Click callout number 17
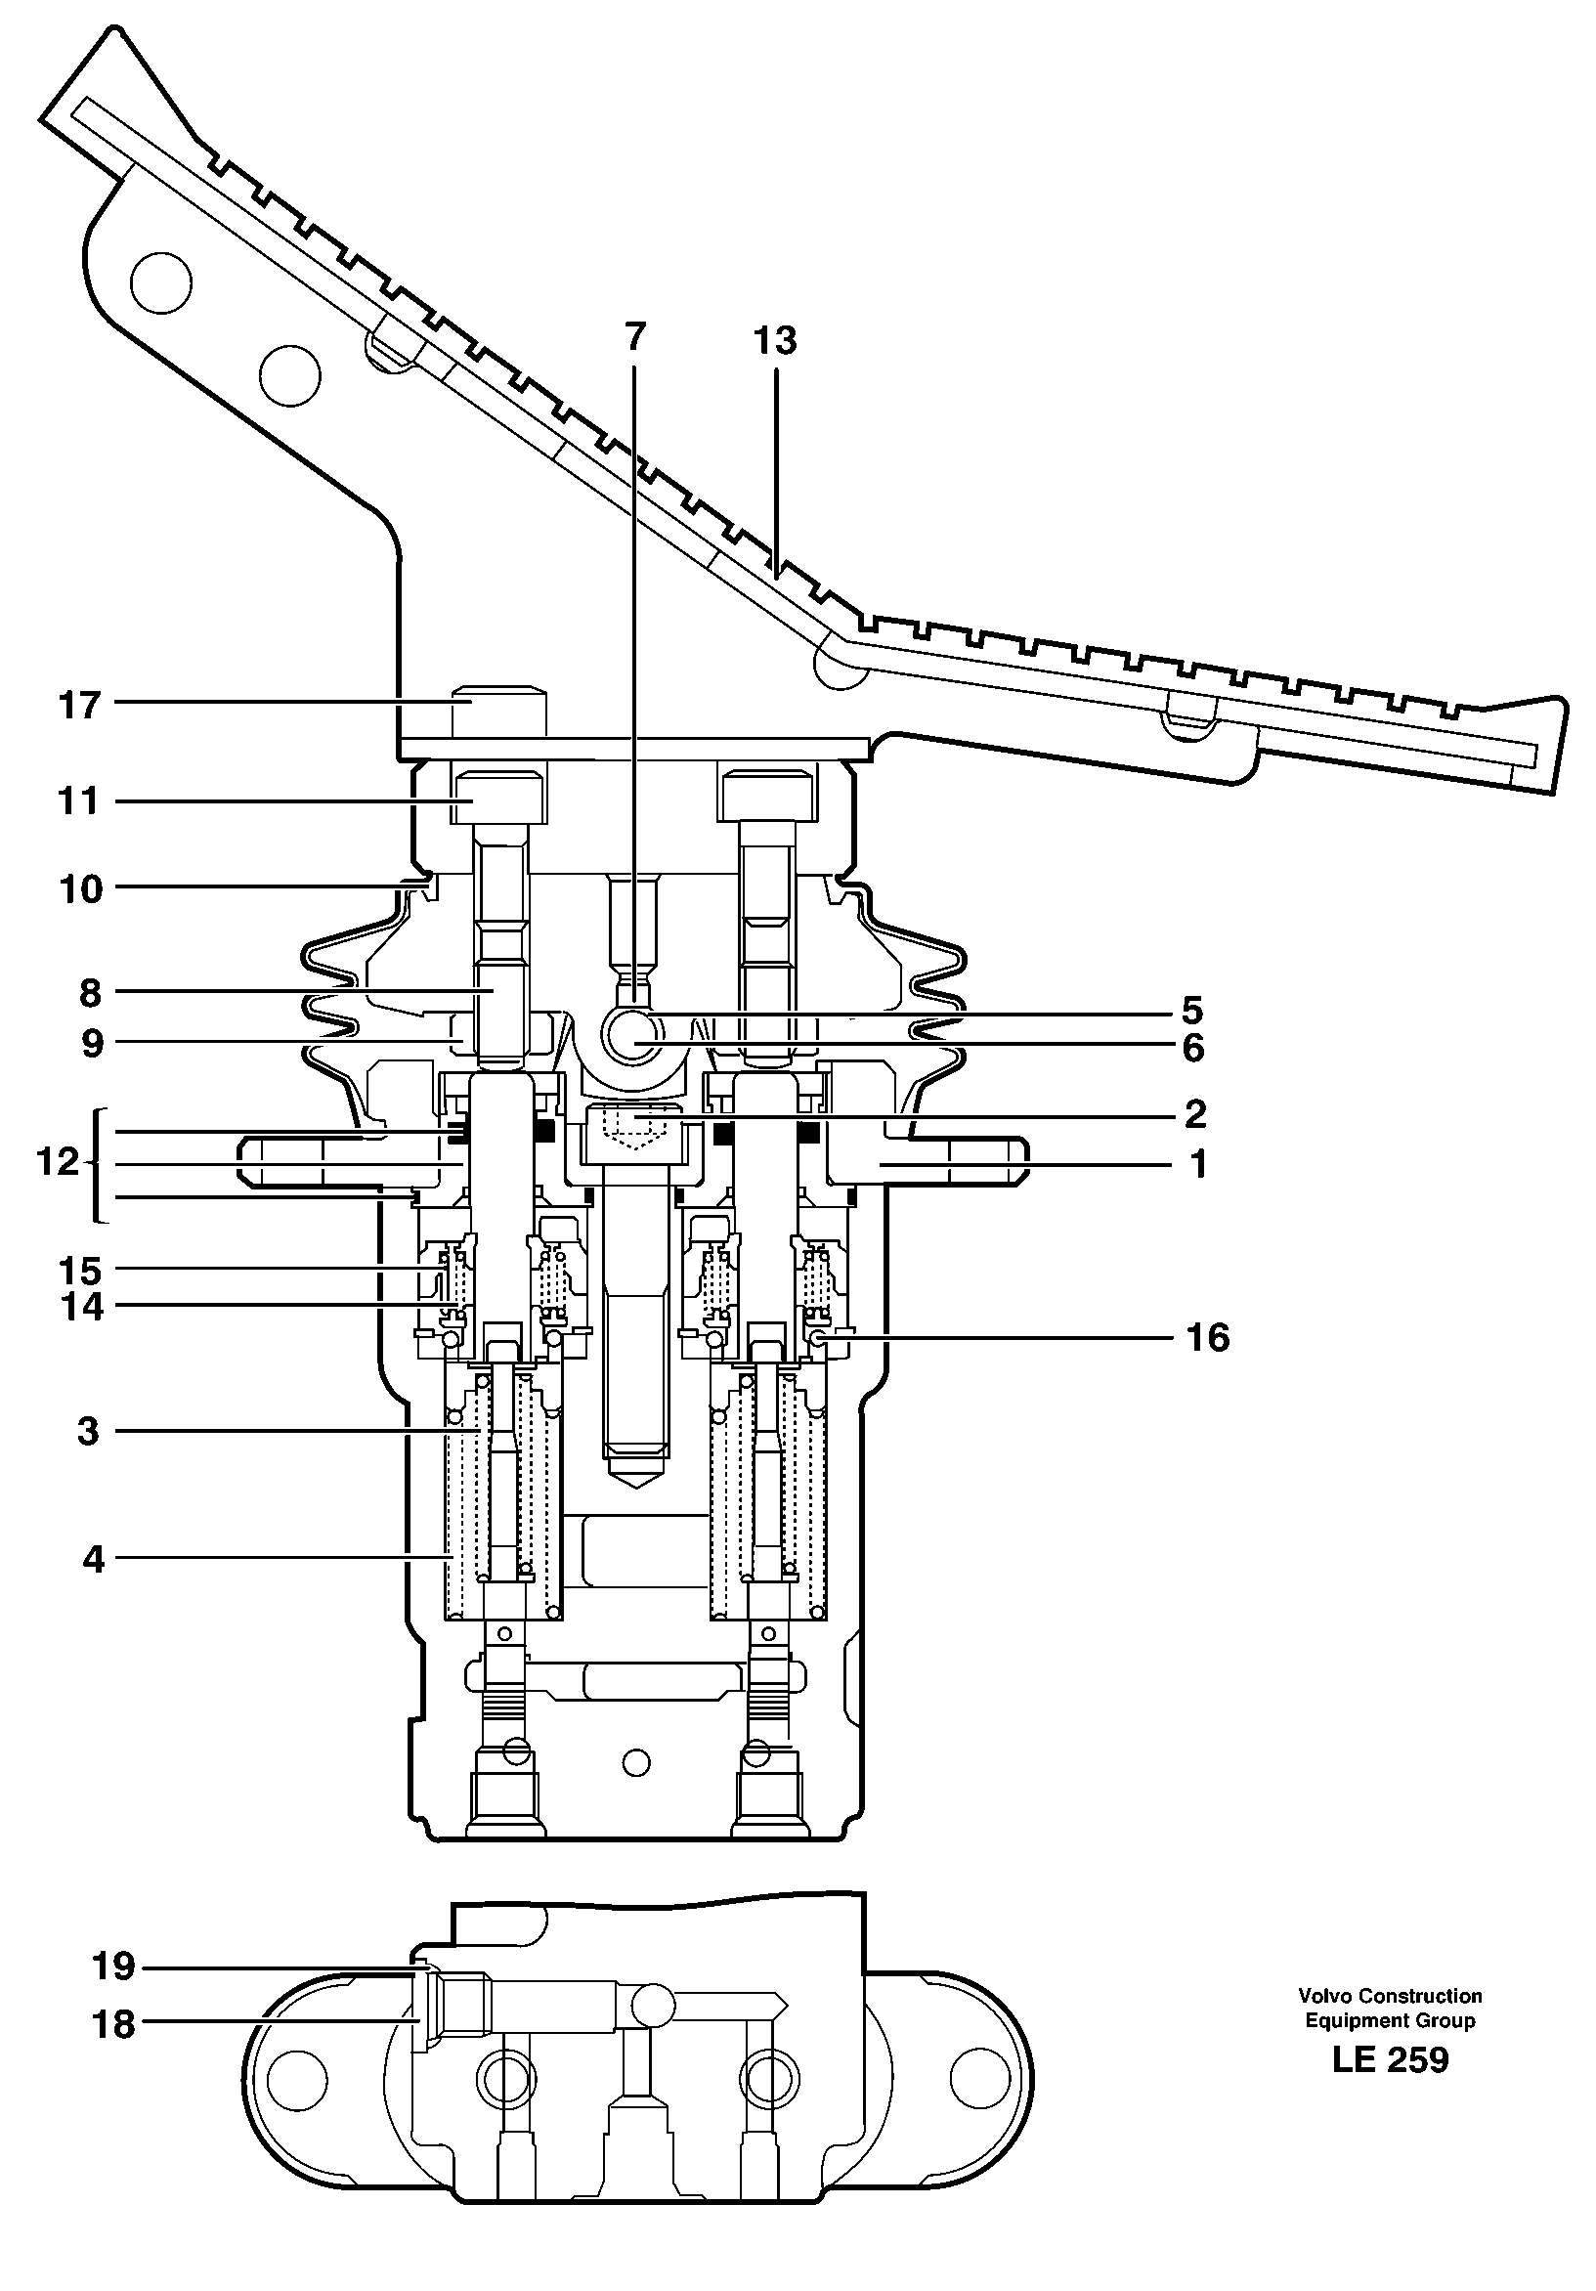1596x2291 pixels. coord(80,706)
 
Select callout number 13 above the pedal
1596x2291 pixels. coord(774,340)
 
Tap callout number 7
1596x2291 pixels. coord(635,336)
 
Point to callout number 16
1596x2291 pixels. coord(1207,1337)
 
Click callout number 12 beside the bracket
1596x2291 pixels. coord(57,1161)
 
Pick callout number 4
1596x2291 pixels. coord(93,1559)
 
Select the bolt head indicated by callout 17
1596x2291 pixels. coord(499,710)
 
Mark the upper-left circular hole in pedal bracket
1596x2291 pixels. coord(160,282)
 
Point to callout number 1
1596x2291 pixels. coord(1198,1163)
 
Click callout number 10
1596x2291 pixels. coord(80,888)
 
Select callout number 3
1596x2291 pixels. coord(88,1431)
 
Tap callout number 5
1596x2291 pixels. coord(1192,1010)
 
